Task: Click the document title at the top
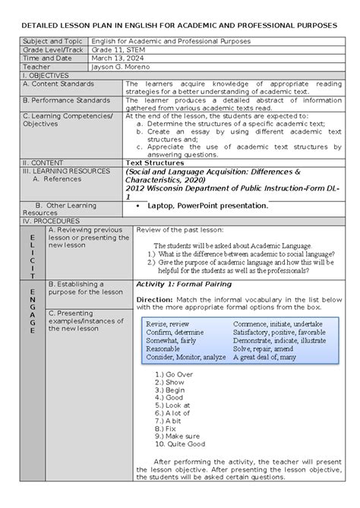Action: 180,25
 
